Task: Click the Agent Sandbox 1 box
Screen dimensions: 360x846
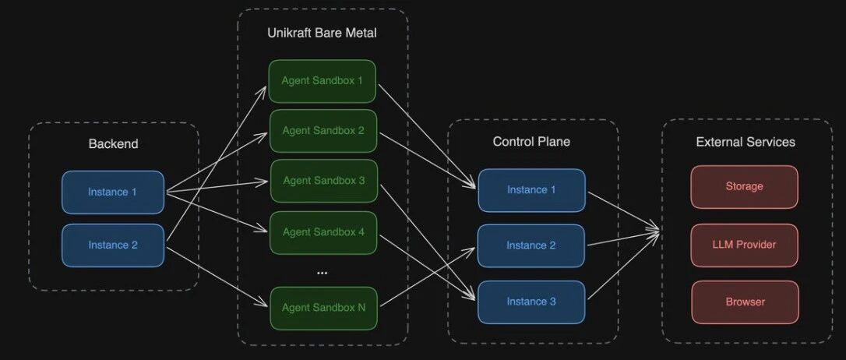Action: click(323, 81)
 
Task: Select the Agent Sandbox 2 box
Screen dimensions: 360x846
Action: click(323, 130)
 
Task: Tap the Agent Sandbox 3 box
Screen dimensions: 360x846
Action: click(323, 180)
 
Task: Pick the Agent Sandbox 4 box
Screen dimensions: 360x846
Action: click(323, 231)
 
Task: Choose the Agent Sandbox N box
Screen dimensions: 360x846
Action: click(323, 307)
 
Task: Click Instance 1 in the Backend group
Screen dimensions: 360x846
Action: click(113, 192)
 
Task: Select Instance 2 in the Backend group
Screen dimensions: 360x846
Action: click(113, 245)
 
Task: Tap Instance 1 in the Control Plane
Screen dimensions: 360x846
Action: click(531, 189)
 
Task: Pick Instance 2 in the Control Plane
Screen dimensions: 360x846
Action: click(531, 245)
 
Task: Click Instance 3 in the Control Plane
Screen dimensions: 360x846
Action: click(531, 302)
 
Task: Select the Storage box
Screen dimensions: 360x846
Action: click(744, 186)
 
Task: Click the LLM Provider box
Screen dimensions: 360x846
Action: click(744, 245)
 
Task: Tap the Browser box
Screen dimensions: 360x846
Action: click(744, 302)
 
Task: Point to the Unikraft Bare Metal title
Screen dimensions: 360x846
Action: click(322, 34)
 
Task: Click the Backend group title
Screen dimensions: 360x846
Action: click(113, 143)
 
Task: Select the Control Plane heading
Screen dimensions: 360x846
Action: click(531, 141)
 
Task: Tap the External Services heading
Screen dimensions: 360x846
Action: click(746, 142)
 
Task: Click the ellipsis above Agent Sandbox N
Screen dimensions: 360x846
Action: click(323, 273)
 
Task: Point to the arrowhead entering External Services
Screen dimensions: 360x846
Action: click(658, 231)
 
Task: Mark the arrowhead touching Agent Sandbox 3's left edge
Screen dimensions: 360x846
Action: click(266, 182)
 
